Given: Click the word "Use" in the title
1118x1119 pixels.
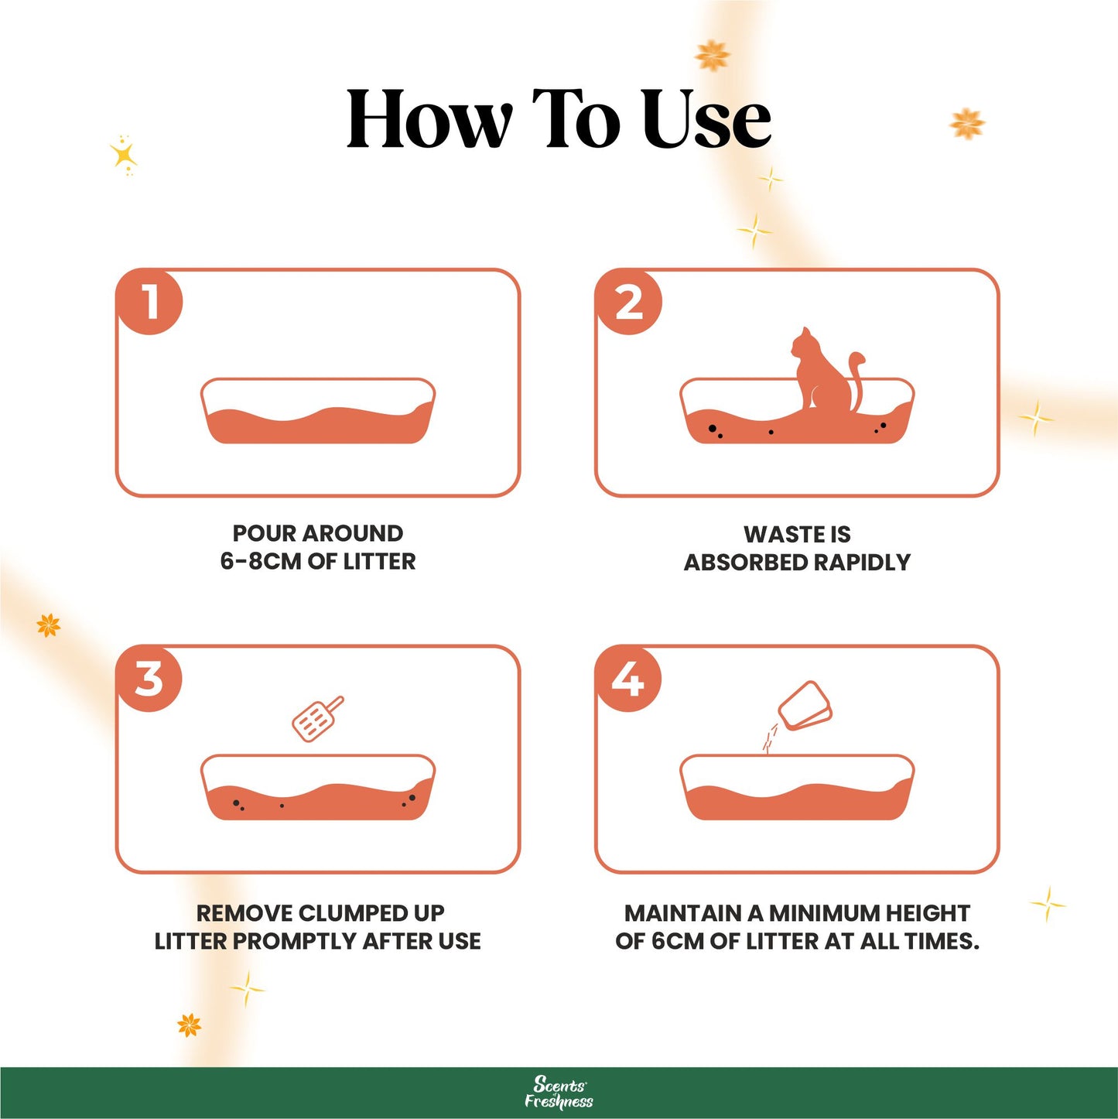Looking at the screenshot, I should click(706, 119).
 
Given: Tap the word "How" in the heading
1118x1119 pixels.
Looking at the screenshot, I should click(429, 119).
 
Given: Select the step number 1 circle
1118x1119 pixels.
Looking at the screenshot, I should click(150, 301).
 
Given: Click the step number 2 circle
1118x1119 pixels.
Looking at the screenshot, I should click(629, 301).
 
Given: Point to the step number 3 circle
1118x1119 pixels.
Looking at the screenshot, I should click(150, 679).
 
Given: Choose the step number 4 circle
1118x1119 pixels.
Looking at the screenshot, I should click(628, 679).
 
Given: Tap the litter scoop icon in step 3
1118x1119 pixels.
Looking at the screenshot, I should click(316, 719).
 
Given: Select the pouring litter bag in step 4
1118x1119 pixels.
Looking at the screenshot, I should click(805, 706).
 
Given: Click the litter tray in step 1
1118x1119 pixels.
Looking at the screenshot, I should click(318, 414).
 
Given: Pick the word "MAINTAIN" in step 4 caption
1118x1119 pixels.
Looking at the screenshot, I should click(683, 913).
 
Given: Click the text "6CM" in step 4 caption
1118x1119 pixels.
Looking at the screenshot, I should click(678, 941).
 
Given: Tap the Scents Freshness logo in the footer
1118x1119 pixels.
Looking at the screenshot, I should click(559, 1093).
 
